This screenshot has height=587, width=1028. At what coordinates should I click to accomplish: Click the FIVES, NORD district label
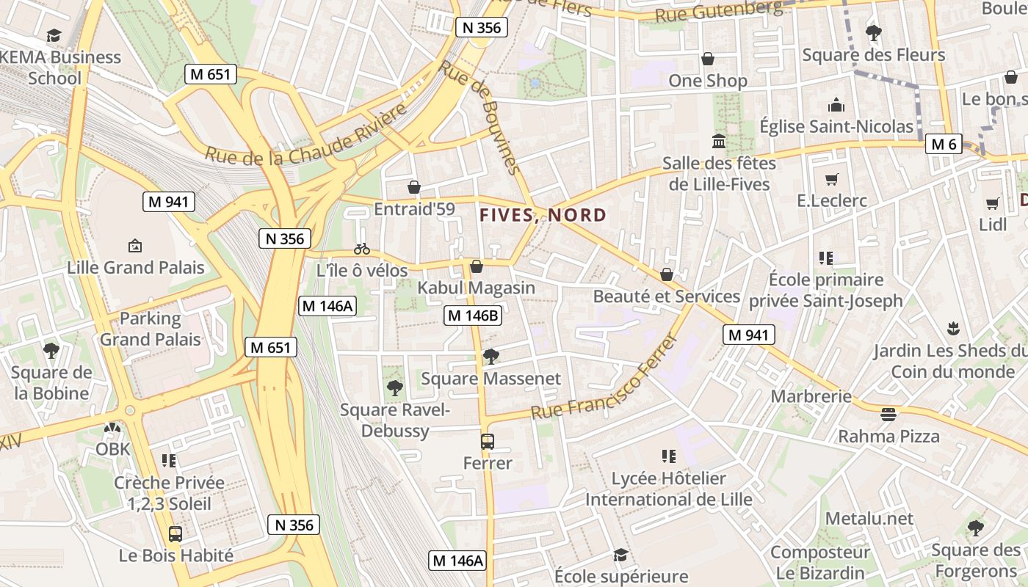coord(543,215)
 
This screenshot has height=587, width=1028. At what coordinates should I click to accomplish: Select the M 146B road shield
coord(474,316)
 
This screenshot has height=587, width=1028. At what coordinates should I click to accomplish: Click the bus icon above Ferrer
coord(488,442)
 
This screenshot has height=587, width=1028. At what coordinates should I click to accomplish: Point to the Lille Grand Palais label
coord(136,267)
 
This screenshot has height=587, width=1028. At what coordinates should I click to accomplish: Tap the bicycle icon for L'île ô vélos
coord(361,249)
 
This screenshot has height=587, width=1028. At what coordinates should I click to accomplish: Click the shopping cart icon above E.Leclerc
coord(832,179)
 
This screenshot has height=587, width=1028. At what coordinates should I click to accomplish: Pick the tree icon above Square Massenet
coord(491,357)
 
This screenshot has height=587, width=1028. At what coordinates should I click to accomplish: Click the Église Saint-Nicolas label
coord(836,126)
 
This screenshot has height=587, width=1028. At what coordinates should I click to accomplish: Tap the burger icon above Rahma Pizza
coord(888,415)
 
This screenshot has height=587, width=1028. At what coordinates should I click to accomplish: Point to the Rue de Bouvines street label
coord(481,117)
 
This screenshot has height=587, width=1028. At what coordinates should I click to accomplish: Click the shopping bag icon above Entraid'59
coord(414,187)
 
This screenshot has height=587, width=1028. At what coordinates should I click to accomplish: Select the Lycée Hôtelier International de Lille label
coord(668,489)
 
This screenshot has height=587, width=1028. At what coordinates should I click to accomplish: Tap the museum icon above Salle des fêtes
coord(718,141)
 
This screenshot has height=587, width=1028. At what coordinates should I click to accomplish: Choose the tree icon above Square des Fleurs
coord(873,33)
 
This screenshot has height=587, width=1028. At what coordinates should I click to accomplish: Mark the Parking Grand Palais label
coord(151,329)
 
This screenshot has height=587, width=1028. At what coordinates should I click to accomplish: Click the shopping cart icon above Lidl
coord(993,203)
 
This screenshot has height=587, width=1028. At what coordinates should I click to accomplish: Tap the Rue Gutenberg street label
coord(718,10)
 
